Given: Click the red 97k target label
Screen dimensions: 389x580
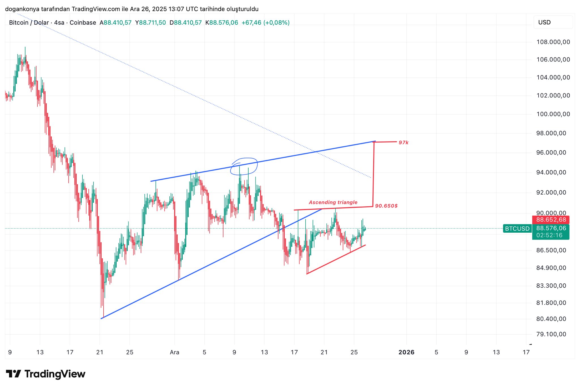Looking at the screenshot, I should pos(403,143).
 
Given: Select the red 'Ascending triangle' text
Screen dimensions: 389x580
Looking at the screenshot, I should pos(333,202).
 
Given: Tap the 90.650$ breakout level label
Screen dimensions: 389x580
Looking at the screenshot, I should pos(386,206).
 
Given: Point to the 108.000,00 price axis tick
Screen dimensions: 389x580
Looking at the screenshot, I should pos(553,42).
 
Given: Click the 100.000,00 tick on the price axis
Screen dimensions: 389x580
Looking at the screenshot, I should pos(553,114).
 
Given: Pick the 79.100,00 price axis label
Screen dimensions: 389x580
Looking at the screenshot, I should pos(551,334).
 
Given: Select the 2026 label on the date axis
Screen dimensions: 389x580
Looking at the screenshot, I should pos(406,352).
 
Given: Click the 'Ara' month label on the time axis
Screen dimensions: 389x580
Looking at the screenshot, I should pos(174,352).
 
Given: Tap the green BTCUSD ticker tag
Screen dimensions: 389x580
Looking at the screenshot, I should pos(517,228).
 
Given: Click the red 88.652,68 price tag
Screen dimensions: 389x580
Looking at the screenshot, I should pos(551,220).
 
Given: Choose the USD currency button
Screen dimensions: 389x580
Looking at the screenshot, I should pos(544,22).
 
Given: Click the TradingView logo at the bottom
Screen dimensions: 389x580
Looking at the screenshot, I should pos(46,374).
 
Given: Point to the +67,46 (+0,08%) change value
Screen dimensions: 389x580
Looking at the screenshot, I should pos(265,23).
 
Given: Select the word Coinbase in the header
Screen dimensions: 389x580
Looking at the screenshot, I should pos(83,23).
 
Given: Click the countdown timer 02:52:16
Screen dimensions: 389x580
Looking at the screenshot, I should pos(549,235).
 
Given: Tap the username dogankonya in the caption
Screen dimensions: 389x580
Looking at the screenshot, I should pos(22,9).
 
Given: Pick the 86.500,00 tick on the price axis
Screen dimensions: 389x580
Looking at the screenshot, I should pos(551,250).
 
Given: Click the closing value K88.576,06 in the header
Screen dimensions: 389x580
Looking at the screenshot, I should pos(222,23).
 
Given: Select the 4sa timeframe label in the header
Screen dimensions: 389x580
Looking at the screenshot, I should pos(59,23).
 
